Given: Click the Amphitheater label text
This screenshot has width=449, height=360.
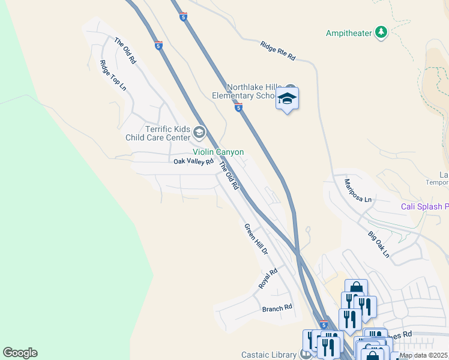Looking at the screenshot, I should [349, 33].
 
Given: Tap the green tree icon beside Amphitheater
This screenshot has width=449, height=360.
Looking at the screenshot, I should [381, 32].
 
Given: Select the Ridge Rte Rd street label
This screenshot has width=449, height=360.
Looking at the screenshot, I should [278, 51].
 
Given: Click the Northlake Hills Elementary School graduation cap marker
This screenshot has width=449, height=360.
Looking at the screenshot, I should [288, 100].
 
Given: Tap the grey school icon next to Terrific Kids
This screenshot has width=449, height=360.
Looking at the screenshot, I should [200, 133].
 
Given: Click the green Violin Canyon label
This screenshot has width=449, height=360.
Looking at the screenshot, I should [218, 152].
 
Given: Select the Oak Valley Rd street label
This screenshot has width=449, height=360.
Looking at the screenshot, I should [193, 161].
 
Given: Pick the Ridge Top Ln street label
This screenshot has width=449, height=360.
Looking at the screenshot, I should [113, 75].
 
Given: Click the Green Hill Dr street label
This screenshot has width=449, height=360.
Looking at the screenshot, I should [255, 238].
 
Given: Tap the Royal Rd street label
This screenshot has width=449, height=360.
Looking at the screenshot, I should [268, 279].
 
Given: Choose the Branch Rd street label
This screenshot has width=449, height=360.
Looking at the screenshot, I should [277, 308].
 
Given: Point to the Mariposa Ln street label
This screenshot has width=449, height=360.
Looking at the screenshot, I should [358, 190].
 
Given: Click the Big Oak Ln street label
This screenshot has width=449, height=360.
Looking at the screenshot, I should [379, 245].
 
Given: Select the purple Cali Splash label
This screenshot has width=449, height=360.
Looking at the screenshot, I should [424, 207].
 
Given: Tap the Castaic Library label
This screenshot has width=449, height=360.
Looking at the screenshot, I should [270, 354].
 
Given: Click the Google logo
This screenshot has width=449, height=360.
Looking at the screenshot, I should [20, 353].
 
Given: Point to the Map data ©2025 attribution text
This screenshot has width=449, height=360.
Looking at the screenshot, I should [424, 355].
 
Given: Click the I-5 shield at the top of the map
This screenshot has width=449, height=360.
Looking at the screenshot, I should [183, 17].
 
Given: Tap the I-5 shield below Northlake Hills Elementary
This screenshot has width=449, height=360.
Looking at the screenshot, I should [238, 108].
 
